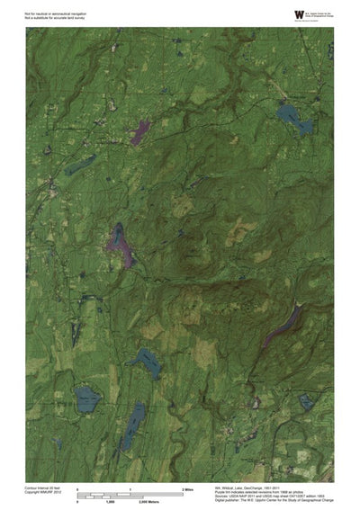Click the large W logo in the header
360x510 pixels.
(275, 13)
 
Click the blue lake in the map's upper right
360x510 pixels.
(293, 118)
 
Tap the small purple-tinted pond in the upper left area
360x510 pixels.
(139, 134)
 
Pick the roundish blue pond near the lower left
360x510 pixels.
(86, 397)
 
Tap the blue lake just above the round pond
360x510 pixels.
(144, 360)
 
